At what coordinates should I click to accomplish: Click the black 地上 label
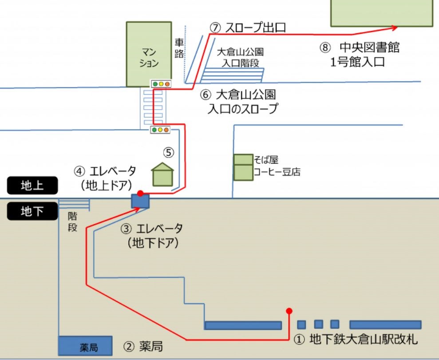point(32,185)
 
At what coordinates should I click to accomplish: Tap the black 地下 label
point(32,211)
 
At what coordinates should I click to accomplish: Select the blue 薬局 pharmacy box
point(85,346)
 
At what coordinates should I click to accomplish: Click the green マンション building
point(149,54)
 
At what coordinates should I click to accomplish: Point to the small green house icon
point(162,174)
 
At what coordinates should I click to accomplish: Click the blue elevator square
point(140,201)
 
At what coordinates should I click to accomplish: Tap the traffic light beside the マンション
point(161,84)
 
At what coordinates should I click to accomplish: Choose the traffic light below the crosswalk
point(160,130)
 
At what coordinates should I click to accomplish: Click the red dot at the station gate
point(289,311)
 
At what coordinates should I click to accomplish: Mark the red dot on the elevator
point(141,193)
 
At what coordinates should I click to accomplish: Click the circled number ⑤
point(169,153)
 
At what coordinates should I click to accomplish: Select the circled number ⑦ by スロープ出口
point(215,28)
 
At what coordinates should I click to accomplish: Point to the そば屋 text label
point(266,160)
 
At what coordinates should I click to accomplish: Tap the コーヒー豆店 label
point(277,172)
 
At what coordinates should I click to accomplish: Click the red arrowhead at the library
point(394,28)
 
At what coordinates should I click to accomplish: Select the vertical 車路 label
point(179,48)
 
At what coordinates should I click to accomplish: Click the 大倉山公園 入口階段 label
point(240,58)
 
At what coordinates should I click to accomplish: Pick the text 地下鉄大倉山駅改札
point(364,340)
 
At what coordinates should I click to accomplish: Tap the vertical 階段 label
point(72,222)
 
